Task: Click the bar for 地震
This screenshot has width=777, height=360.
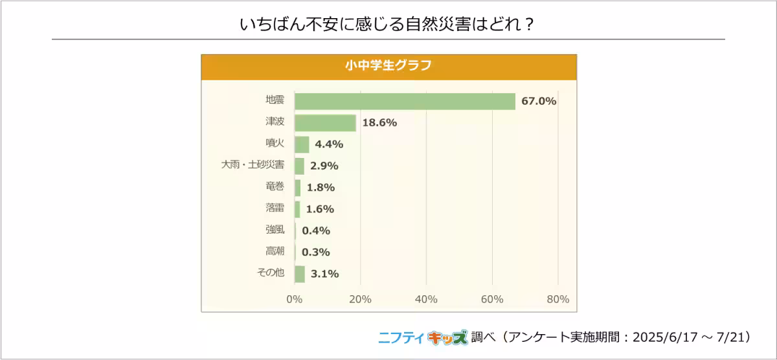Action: coord(405,101)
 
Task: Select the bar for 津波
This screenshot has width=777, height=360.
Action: coord(325,123)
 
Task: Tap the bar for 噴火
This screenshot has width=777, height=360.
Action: coord(302,144)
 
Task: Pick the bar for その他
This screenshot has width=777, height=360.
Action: coord(300,274)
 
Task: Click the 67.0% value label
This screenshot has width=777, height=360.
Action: coord(539,101)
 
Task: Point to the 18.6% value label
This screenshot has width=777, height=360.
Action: coord(379,123)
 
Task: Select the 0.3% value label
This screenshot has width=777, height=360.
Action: coord(316,252)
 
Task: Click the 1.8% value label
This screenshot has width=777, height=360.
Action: coord(321,188)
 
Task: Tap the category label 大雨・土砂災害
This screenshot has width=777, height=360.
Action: coord(253,165)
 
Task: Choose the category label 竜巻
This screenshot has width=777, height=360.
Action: coord(275,186)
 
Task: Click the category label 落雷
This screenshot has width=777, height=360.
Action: coord(275,208)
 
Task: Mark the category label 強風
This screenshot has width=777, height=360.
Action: coord(275,229)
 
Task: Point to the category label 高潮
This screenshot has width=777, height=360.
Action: coord(275,251)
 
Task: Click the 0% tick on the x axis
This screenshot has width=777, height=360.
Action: coord(295,299)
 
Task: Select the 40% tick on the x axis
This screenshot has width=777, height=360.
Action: coord(426,299)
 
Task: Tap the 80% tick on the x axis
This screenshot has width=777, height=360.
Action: coord(557,299)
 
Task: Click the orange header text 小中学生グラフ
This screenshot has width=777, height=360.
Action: coord(388,66)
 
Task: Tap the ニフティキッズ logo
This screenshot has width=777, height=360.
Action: coord(422,337)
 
